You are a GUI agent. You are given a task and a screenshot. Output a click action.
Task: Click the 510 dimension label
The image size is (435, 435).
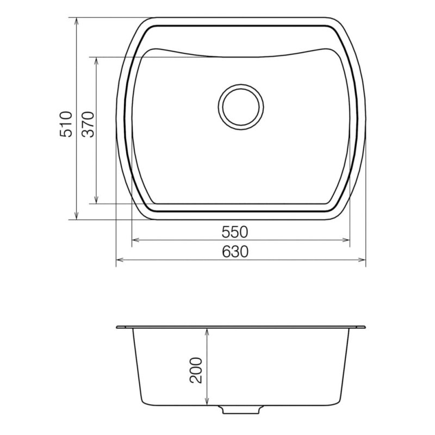(66, 124)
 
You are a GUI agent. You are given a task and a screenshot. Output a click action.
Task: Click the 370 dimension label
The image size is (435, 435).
(89, 125)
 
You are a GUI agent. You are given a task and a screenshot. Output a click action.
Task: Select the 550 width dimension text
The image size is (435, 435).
(235, 232)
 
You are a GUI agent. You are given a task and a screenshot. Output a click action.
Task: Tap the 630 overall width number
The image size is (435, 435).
(235, 252)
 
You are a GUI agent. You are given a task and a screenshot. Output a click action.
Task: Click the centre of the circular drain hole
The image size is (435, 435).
(241, 107)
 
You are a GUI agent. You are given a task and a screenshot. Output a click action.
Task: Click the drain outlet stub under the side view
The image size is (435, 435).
(240, 410)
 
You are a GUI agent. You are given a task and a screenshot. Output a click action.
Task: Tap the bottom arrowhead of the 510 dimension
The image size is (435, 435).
(76, 215)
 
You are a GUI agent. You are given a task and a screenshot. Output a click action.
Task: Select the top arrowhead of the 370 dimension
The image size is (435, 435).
(96, 61)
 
